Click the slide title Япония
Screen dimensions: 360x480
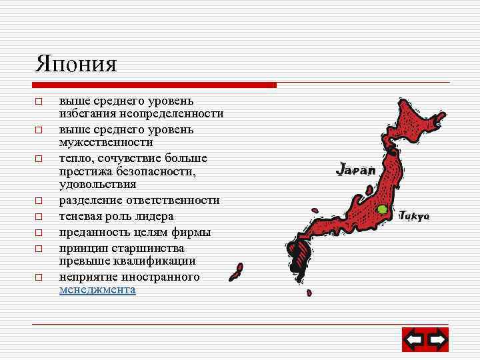point(76,64)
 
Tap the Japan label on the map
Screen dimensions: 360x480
point(356,170)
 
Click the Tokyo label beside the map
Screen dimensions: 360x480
point(415,216)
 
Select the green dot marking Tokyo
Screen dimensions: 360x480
point(382,209)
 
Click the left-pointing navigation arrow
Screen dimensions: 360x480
point(414,341)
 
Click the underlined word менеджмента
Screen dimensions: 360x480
point(97,290)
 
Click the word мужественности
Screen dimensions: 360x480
point(106,142)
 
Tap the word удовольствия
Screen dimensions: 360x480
point(97,184)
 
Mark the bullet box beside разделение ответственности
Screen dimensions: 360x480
point(39,201)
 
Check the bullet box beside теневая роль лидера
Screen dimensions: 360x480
point(39,217)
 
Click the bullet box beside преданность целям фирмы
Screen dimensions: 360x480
point(39,233)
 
